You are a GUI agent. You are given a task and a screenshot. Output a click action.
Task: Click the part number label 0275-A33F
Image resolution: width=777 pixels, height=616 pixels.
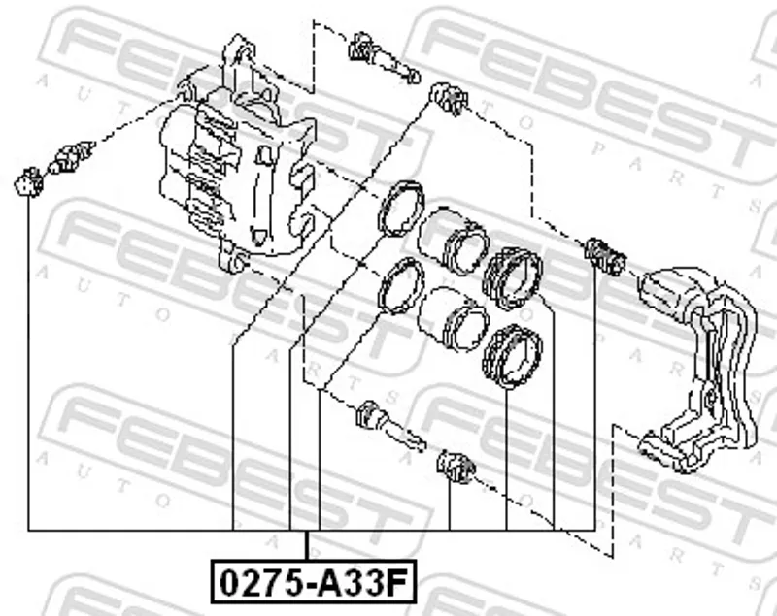tap(314, 582)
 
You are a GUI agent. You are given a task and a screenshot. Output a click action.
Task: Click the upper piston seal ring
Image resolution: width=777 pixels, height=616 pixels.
tap(401, 209)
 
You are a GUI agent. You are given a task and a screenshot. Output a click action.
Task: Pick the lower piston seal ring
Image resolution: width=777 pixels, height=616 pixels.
tap(400, 286)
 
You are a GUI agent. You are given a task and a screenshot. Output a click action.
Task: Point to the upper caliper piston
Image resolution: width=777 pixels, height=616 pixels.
tap(453, 242)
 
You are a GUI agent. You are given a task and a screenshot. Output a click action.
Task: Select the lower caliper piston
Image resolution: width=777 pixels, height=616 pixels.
tap(453, 319)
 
